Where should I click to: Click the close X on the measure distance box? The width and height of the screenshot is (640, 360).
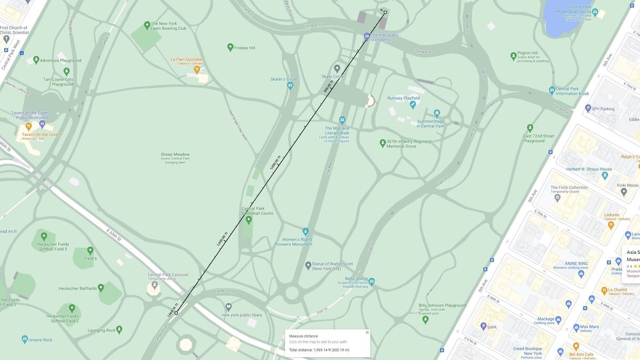(x=367, y=332)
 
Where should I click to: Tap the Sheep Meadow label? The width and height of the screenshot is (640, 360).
(x=175, y=155)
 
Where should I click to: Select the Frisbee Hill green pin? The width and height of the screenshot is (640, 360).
(x=230, y=47)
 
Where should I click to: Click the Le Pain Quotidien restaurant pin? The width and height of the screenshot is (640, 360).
(x=197, y=69)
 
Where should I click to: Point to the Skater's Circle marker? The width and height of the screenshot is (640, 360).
(x=290, y=86)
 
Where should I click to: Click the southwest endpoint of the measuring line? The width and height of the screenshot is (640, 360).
(x=176, y=313)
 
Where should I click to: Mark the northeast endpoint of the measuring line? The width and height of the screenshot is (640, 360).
(x=385, y=12)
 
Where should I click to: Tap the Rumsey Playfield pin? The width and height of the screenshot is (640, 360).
(x=412, y=105)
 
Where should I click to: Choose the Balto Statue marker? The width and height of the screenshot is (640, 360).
(x=371, y=281)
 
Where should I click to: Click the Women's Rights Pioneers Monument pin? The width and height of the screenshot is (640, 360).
(x=306, y=231)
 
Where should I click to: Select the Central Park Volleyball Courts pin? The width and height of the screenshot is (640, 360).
(x=249, y=219)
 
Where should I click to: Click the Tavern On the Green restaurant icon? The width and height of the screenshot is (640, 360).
(x=29, y=127)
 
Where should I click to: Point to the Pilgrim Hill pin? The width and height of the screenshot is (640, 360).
(x=513, y=55)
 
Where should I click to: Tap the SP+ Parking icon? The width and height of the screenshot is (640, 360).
(x=588, y=109)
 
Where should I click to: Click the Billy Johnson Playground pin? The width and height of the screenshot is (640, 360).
(x=425, y=319)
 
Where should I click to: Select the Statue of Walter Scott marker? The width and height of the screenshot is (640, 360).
(x=308, y=265)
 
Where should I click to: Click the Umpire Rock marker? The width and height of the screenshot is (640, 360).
(x=25, y=339)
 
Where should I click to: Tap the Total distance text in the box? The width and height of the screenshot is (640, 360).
(x=319, y=350)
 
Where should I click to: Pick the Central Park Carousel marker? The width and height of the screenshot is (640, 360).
(x=155, y=285)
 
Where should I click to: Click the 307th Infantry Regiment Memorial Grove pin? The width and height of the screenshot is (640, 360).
(x=382, y=143)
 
